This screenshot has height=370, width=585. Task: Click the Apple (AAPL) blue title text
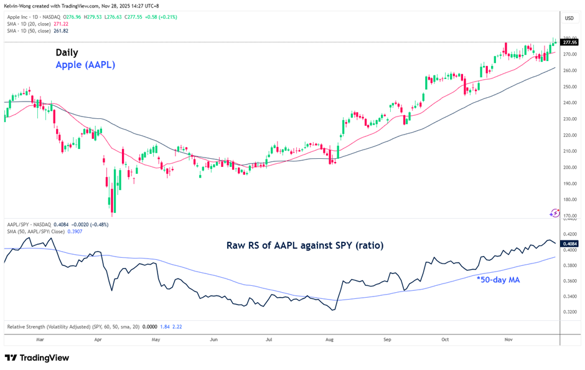(85, 65)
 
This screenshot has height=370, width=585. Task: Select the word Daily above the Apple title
(67, 52)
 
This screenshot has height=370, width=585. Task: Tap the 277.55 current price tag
(569, 42)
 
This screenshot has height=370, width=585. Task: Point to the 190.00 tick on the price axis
(569, 183)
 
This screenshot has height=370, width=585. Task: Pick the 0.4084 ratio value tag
(569, 244)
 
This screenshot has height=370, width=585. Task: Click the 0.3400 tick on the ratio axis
(569, 296)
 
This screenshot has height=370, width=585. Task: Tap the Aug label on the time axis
(330, 340)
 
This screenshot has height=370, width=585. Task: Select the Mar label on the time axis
(40, 340)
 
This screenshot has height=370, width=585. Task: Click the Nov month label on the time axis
(508, 340)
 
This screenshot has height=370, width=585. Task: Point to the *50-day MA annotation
(498, 280)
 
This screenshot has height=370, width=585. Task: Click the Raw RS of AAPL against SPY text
(304, 246)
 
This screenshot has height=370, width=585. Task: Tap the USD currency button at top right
(569, 18)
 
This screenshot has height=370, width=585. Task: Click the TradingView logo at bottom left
(37, 358)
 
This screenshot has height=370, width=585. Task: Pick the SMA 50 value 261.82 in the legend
(60, 31)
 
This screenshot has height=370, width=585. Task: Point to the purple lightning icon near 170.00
(555, 213)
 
